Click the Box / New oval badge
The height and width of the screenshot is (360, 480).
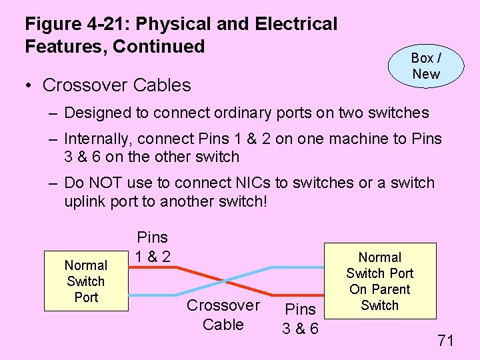point(425,66)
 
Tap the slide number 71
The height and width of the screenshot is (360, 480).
point(445,341)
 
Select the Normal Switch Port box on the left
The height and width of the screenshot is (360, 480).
point(86,281)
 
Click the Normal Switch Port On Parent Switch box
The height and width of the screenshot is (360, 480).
point(379,281)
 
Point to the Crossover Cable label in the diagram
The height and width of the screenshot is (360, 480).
point(223,315)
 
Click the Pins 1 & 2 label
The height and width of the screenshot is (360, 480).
point(152,246)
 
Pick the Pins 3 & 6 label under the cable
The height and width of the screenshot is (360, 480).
point(300,319)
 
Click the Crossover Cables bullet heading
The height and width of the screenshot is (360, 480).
point(117,85)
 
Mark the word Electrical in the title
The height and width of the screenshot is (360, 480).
point(296,25)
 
